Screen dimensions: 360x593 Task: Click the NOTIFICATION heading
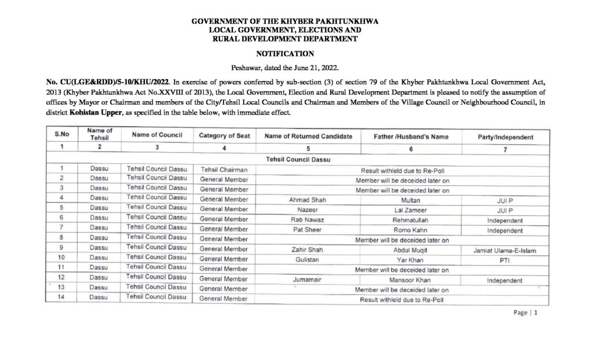tap(284, 54)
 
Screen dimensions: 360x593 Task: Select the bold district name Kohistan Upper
tap(96, 113)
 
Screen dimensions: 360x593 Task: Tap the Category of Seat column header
tap(224, 136)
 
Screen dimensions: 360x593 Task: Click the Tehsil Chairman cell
tap(224, 170)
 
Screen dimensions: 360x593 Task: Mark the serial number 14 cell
tap(69, 299)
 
